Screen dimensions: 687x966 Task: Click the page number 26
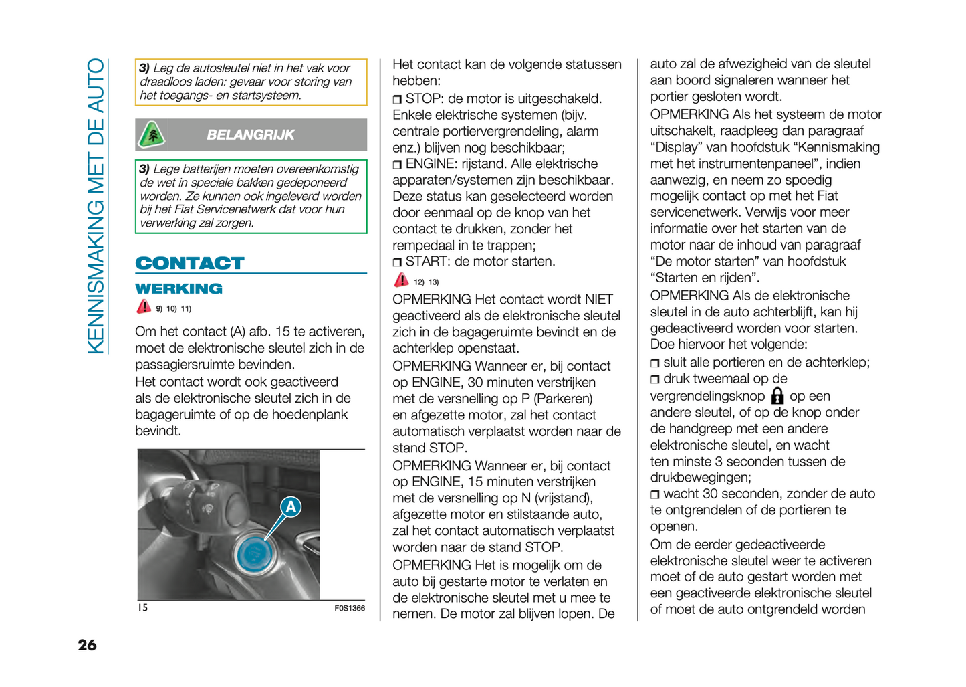click(x=87, y=645)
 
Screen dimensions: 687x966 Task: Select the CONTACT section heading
click(x=190, y=263)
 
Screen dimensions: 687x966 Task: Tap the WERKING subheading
click(x=178, y=289)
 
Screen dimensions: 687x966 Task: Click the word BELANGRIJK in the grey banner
click(x=250, y=135)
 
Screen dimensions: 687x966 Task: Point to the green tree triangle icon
click(x=152, y=135)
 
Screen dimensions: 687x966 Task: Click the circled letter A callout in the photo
click(x=291, y=507)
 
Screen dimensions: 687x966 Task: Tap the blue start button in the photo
click(x=254, y=553)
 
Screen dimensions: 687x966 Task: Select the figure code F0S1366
click(x=350, y=608)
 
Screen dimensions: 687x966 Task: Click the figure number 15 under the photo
click(x=142, y=607)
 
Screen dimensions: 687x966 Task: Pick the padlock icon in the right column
click(x=777, y=396)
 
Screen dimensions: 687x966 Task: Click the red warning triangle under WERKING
click(x=144, y=306)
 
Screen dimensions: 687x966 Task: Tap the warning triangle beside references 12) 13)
click(x=401, y=280)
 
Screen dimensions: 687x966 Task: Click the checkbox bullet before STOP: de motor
click(x=397, y=100)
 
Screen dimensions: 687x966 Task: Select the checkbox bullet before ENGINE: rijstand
click(x=397, y=165)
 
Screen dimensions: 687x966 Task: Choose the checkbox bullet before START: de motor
click(x=397, y=262)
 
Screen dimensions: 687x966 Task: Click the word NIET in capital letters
click(x=599, y=300)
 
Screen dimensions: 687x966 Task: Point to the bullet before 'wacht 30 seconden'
click(x=655, y=495)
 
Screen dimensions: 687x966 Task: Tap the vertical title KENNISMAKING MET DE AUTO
click(x=96, y=206)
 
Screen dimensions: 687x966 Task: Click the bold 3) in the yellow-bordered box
click(x=144, y=68)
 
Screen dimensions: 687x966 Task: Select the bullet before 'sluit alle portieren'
click(x=655, y=363)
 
